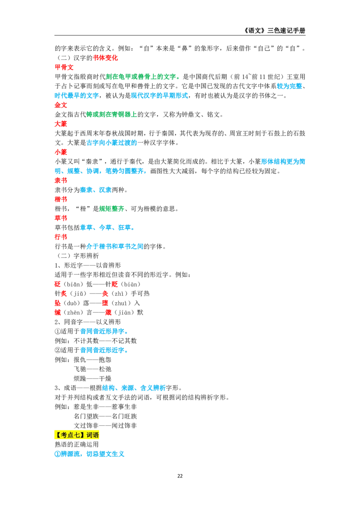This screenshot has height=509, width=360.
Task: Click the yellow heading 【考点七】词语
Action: pyautogui.click(x=77, y=435)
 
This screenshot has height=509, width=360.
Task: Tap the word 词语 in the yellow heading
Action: pyautogui.click(x=93, y=435)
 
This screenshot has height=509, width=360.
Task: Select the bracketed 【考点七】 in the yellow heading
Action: pyautogui.click(x=70, y=435)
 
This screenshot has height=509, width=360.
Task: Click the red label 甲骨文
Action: pyautogui.click(x=64, y=67)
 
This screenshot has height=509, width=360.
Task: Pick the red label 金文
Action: pyautogui.click(x=61, y=105)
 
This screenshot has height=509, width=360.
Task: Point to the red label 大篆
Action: pyautogui.click(x=61, y=124)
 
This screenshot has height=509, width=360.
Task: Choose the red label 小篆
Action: pyautogui.click(x=61, y=152)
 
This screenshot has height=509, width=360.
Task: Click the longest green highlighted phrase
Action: pyautogui.click(x=142, y=77)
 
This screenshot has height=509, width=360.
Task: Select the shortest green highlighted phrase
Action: pyautogui.click(x=112, y=209)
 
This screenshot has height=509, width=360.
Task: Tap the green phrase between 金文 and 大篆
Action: pyautogui.click(x=111, y=115)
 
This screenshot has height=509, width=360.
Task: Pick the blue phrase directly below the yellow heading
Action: pyautogui.click(x=90, y=455)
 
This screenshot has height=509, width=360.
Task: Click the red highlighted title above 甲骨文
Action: pyautogui.click(x=105, y=58)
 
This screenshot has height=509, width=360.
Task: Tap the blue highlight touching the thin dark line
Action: pyautogui.click(x=289, y=86)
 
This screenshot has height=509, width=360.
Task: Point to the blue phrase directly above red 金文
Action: pyautogui.click(x=76, y=95)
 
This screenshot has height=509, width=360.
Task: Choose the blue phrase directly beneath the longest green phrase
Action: pyautogui.click(x=160, y=95)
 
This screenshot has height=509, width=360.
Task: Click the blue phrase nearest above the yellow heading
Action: pyautogui.click(x=134, y=387)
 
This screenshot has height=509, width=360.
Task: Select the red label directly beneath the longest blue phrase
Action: pyautogui.click(x=61, y=180)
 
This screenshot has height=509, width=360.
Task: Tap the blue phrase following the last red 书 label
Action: pyautogui.click(x=115, y=246)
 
